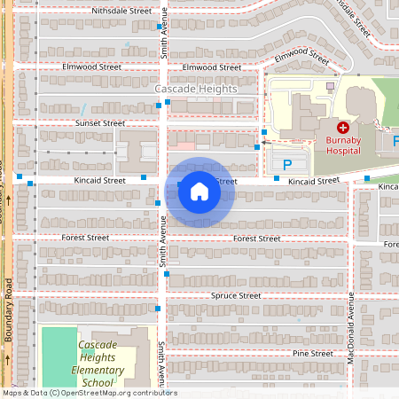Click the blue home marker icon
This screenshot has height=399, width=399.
(199, 191)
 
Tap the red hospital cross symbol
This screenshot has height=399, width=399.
(343, 129)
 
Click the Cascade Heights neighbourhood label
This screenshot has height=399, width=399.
(196, 90)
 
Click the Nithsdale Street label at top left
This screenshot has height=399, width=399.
(121, 11)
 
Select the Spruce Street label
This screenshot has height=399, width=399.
(236, 295)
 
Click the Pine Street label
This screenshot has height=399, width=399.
(313, 353)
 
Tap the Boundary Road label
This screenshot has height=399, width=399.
(8, 310)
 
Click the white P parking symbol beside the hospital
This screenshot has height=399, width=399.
(286, 164)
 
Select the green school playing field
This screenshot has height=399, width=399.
(59, 355)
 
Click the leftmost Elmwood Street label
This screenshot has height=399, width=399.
(91, 66)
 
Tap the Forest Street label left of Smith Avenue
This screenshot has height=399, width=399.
(91, 238)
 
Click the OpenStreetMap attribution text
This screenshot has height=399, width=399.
(89, 393)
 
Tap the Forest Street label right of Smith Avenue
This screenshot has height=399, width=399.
(256, 239)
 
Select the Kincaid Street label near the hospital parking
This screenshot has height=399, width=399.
(314, 181)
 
